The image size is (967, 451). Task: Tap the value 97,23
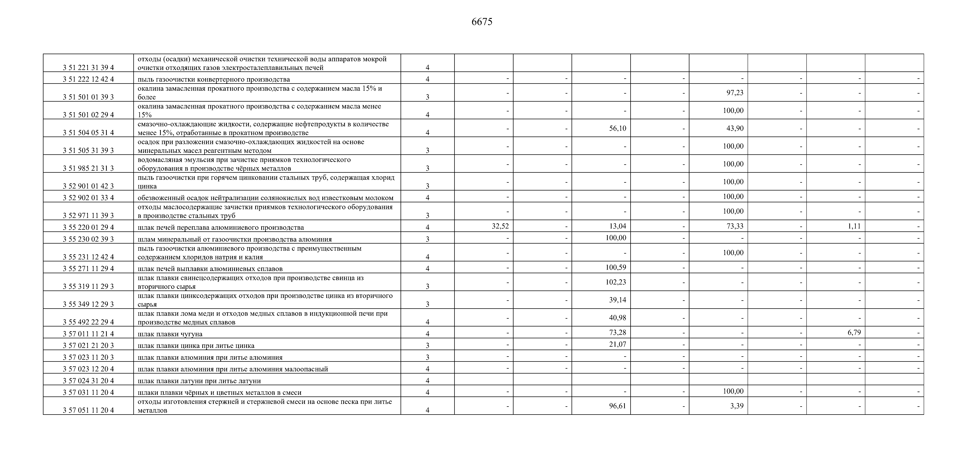pos(735,93)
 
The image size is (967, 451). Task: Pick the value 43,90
pos(735,128)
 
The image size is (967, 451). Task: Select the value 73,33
pos(735,226)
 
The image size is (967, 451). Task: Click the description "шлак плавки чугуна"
pos(170,334)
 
